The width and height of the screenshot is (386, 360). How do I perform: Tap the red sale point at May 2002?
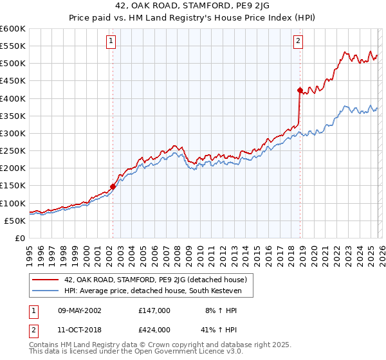[x=113, y=186]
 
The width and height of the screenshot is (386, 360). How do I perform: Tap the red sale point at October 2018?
[x=300, y=90]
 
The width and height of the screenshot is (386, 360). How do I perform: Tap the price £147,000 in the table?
[x=154, y=310]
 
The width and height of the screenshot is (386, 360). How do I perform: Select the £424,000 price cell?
[x=154, y=330]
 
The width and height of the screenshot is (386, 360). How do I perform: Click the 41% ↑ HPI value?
[x=219, y=330]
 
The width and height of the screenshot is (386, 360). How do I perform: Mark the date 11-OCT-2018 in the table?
[x=77, y=330]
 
